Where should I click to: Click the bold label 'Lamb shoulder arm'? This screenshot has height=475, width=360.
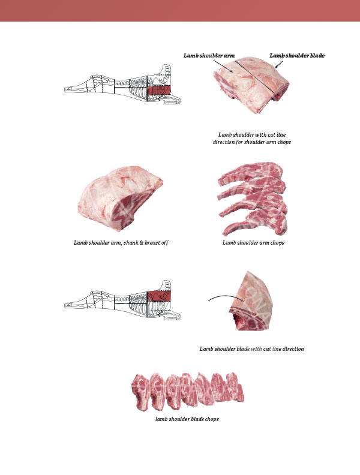(209, 56)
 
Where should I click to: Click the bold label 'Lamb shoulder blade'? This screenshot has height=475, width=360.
(297, 56)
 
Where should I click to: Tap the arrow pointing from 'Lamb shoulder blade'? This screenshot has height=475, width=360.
(279, 65)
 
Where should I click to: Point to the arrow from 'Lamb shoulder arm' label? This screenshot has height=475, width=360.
(223, 66)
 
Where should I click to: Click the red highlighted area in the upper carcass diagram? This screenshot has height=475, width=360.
(160, 90)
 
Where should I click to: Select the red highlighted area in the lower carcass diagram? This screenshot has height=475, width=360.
(160, 296)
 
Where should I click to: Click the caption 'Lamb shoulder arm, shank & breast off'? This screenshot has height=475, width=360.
(121, 243)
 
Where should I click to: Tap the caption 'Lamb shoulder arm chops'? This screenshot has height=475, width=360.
(253, 243)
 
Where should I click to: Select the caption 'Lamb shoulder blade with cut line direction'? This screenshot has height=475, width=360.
(251, 349)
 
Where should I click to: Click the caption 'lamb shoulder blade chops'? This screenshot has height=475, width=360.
(187, 419)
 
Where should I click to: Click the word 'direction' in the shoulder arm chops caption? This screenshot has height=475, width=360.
(224, 142)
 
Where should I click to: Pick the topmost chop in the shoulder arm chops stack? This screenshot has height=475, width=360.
(250, 172)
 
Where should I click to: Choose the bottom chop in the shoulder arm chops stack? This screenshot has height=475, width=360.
(255, 224)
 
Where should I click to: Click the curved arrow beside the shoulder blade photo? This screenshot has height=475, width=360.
(226, 297)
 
